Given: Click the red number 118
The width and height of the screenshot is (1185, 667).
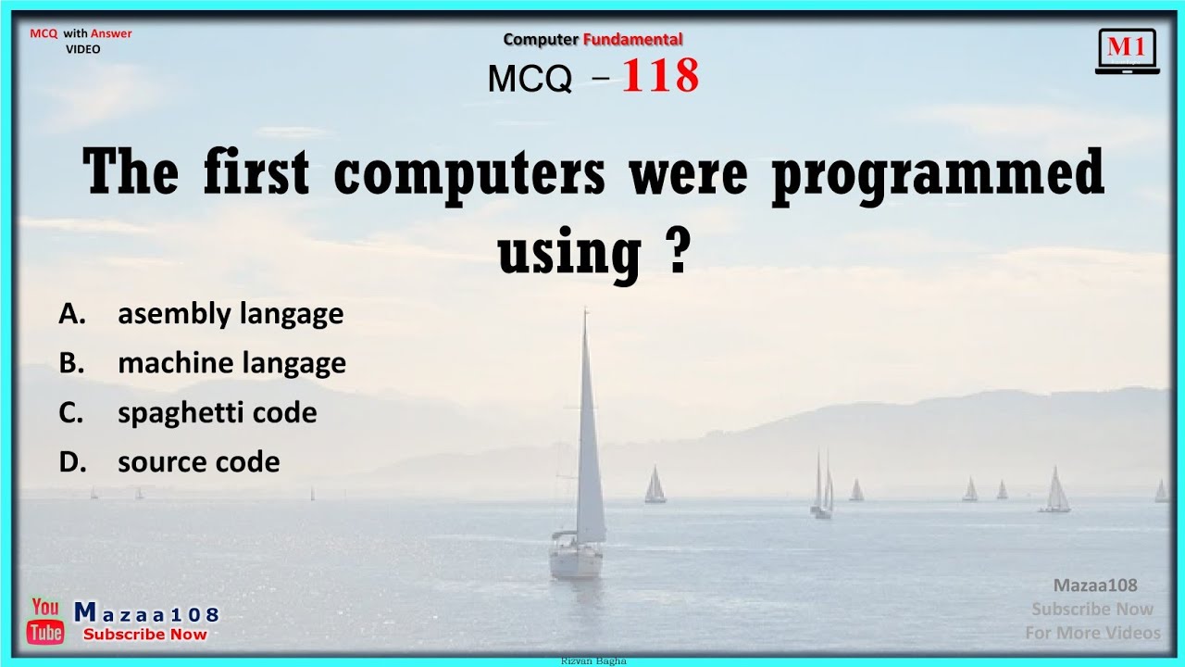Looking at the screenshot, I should click(x=660, y=77).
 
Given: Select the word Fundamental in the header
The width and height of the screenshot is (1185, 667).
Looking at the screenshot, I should click(x=632, y=39).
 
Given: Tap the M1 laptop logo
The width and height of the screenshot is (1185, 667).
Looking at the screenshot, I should click(x=1127, y=51).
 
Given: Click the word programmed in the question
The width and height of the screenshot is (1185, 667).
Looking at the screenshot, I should click(x=938, y=173).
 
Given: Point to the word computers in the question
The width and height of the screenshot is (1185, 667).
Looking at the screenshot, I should click(x=469, y=173).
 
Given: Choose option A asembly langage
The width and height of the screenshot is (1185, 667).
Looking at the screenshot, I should click(x=230, y=314).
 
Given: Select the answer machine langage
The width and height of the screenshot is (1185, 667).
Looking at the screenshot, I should click(x=231, y=363).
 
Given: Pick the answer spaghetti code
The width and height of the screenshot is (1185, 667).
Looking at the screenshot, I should click(x=217, y=412).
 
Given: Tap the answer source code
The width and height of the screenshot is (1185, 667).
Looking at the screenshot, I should click(x=198, y=461).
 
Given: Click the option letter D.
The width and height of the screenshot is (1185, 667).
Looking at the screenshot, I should click(x=72, y=461).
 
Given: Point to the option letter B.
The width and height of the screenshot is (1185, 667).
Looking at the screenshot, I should click(x=72, y=363).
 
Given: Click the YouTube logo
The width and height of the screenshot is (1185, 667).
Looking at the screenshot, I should click(x=45, y=621).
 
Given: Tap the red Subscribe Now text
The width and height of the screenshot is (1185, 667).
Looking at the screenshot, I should click(x=145, y=635).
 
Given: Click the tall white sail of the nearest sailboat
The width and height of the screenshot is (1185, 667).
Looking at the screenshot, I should click(x=588, y=435).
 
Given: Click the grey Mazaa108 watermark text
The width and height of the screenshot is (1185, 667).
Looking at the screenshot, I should click(x=1095, y=585).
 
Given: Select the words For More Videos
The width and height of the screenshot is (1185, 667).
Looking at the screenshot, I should click(x=1092, y=633).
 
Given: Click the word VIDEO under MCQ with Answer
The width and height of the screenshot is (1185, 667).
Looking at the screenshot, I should click(x=83, y=49).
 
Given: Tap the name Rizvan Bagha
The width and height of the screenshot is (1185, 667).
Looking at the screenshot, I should click(x=593, y=661).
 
